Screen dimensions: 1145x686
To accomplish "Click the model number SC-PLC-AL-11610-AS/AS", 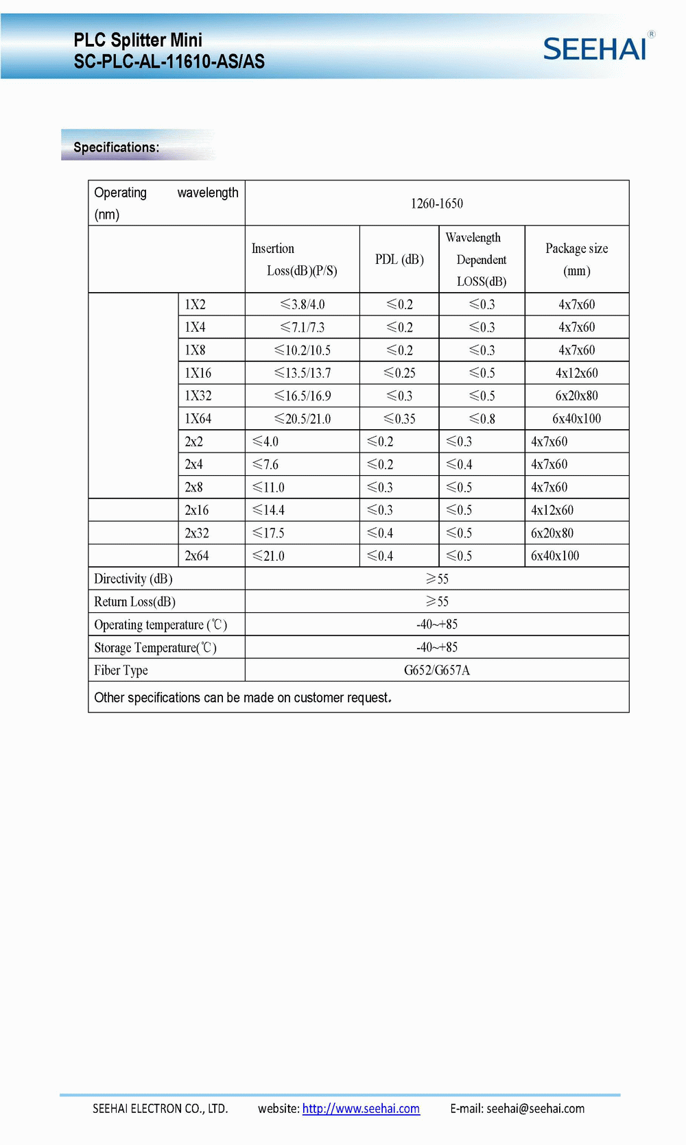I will pos(169,62).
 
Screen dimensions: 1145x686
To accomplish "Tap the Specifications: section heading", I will pos(116,147).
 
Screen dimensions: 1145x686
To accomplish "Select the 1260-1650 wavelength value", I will pos(437,204).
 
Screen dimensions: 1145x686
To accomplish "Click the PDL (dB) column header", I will pos(399,259).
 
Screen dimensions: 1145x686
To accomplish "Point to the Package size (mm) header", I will pos(576,259).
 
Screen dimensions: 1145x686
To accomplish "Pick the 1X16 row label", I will pos(198,373).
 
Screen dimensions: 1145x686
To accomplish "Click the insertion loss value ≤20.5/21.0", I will pos(303,419).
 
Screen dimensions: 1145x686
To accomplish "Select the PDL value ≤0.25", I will pos(399,373).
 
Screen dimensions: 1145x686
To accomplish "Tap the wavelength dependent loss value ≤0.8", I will pos(482,419).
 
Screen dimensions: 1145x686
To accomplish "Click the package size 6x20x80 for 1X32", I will pos(576,396).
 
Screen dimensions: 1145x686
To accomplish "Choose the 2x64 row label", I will pos(197,556).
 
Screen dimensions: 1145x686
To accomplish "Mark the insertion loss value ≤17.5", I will pos(268,533).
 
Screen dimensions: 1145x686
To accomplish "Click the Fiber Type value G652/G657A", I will pos(437,670).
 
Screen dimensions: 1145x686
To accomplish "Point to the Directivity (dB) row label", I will pos(133,579).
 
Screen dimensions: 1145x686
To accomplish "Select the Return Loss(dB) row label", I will pos(134,602).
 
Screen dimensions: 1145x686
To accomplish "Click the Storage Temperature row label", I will pos(155,648).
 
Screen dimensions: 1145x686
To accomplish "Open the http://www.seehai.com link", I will pos(361,1109).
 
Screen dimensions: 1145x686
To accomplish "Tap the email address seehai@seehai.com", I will pos(535,1109).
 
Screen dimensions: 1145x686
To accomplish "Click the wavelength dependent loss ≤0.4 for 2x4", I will pos(459,465).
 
